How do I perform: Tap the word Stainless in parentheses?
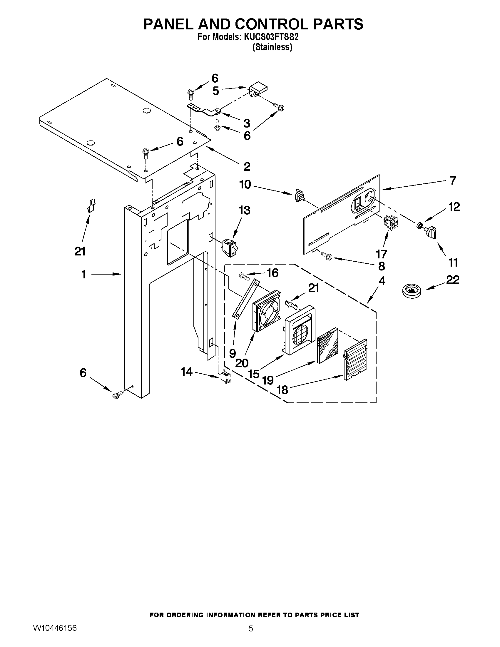pyautogui.click(x=272, y=47)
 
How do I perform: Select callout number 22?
pyautogui.click(x=452, y=280)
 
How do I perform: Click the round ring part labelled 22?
pyautogui.click(x=411, y=290)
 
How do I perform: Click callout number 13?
pyautogui.click(x=245, y=210)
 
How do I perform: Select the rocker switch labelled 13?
pyautogui.click(x=230, y=247)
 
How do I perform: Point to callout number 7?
pyautogui.click(x=453, y=180)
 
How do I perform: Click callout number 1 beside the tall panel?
pyautogui.click(x=84, y=275)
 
